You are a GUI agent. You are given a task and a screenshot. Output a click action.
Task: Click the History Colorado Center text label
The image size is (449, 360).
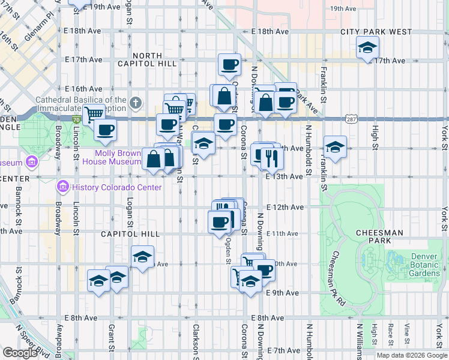click(117, 187)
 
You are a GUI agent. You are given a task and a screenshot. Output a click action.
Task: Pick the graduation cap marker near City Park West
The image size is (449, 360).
click(367, 47)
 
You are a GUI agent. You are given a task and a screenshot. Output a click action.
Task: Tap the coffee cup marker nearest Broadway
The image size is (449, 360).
click(105, 130)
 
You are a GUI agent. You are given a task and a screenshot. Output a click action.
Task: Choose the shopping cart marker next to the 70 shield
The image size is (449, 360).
click(94, 114)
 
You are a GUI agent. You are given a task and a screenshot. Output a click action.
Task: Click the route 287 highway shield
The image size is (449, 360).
click(352, 119)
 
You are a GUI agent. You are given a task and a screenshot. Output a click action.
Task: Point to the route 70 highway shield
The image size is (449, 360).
click(76, 119)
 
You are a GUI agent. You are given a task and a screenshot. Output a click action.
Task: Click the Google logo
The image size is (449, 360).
click(19, 352)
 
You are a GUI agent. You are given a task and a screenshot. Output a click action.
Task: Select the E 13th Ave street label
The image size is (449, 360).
click(285, 176)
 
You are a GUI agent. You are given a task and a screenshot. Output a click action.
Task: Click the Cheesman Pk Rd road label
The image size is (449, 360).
click(338, 282)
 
